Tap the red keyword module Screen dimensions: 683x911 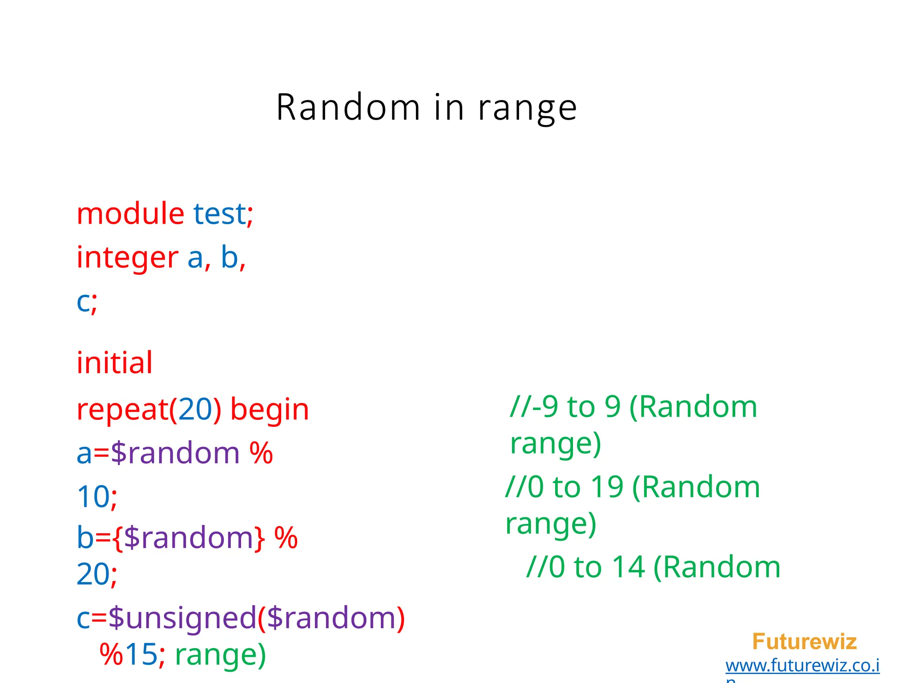(130, 213)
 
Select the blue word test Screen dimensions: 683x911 (219, 214)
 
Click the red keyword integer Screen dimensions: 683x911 (127, 258)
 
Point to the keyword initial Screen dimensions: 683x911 (115, 362)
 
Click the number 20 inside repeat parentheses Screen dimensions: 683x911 (195, 409)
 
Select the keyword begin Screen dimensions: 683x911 (270, 410)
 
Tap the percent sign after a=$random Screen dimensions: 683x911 (261, 453)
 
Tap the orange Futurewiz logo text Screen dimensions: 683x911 (804, 642)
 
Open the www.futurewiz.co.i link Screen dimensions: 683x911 (802, 666)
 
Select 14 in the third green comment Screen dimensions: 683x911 (628, 567)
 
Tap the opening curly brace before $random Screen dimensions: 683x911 (117, 538)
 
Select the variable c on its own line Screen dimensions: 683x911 (83, 302)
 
